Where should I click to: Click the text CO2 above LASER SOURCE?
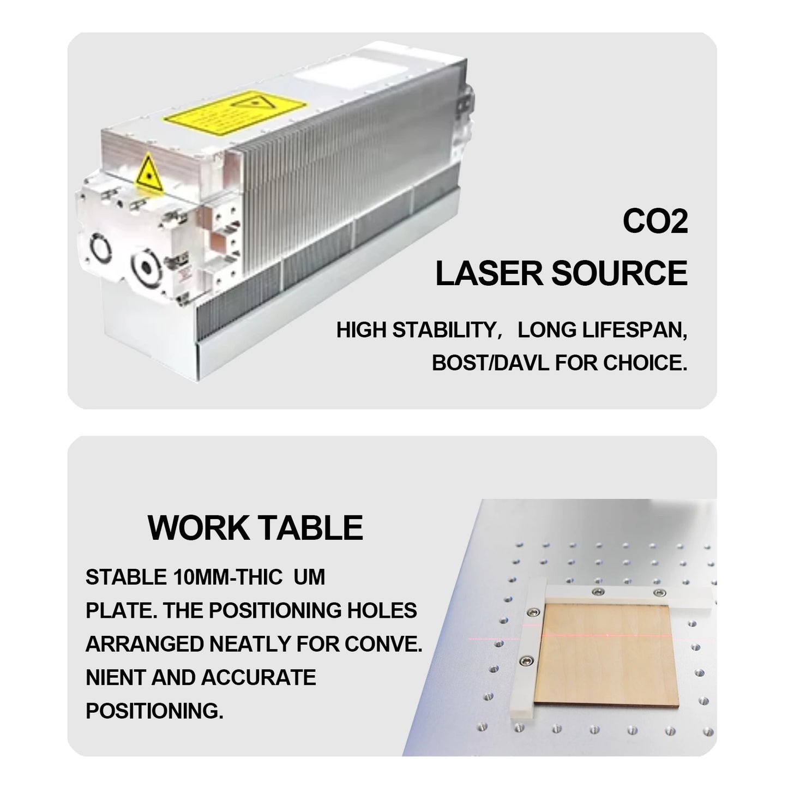point(655,222)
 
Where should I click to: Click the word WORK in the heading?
point(198,528)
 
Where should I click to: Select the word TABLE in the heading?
point(311,528)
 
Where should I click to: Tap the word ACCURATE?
point(258,678)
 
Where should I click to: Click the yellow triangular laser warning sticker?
point(149,173)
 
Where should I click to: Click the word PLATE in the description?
point(121,611)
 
